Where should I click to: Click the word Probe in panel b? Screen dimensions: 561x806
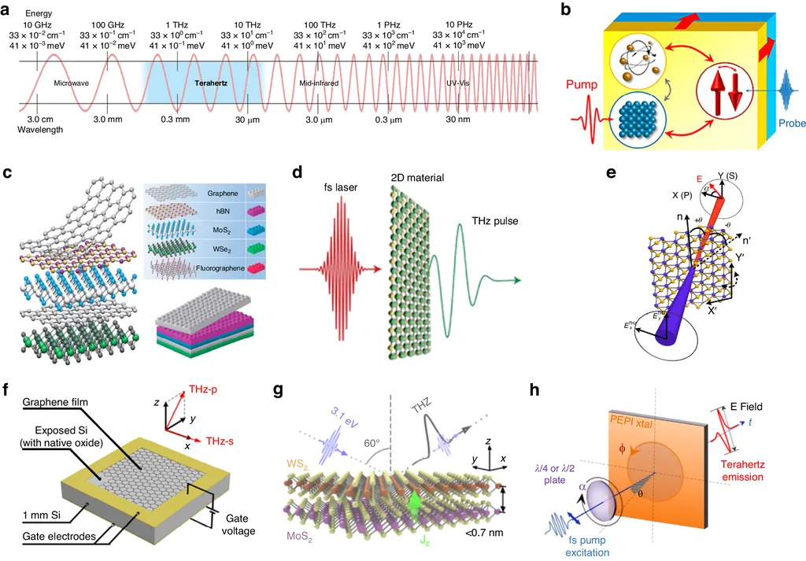pos(788,124)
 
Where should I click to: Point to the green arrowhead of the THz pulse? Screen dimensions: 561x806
pos(512,280)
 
